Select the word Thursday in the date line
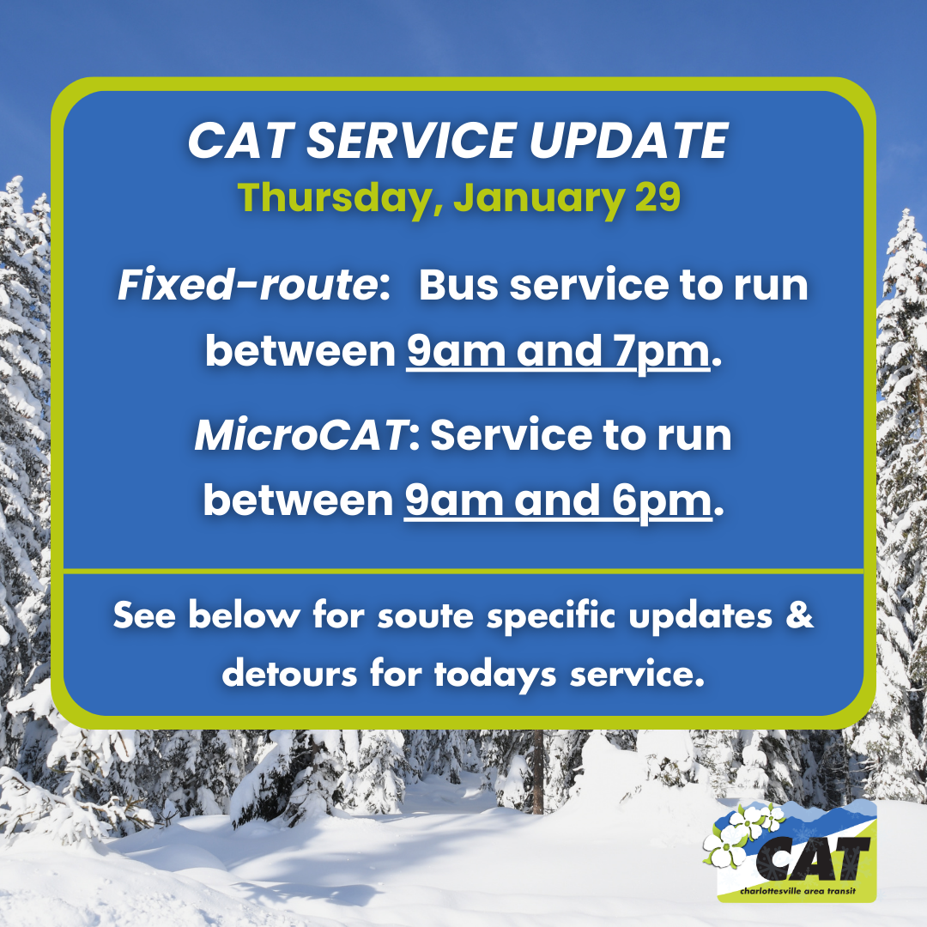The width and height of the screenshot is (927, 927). pyautogui.click(x=338, y=198)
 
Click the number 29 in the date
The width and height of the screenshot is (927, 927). pyautogui.click(x=657, y=198)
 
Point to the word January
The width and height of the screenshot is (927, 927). pyautogui.click(x=538, y=198)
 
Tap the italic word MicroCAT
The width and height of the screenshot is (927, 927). pyautogui.click(x=300, y=436)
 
